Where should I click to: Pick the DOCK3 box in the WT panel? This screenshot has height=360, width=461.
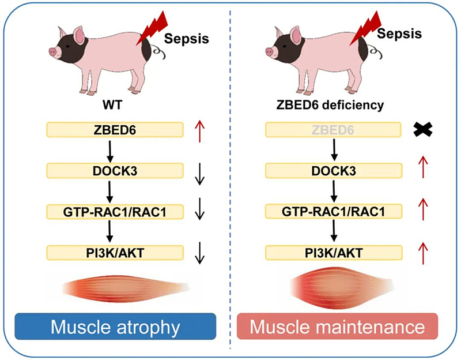pyautogui.click(x=114, y=170)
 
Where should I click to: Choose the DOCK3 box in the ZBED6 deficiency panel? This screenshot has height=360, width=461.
pyautogui.click(x=333, y=170)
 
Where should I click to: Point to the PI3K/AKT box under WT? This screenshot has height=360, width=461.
pyautogui.click(x=114, y=253)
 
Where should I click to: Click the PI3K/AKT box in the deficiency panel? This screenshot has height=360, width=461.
pyautogui.click(x=333, y=253)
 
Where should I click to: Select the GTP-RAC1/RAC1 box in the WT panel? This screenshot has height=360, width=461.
pyautogui.click(x=114, y=212)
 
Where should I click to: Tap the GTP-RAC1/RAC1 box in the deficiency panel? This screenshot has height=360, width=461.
pyautogui.click(x=333, y=212)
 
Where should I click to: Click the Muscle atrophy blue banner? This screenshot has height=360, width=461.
pyautogui.click(x=115, y=327)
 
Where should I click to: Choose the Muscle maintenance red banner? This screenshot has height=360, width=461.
pyautogui.click(x=338, y=327)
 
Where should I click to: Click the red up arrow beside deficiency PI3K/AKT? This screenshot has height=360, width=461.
pyautogui.click(x=424, y=253)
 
